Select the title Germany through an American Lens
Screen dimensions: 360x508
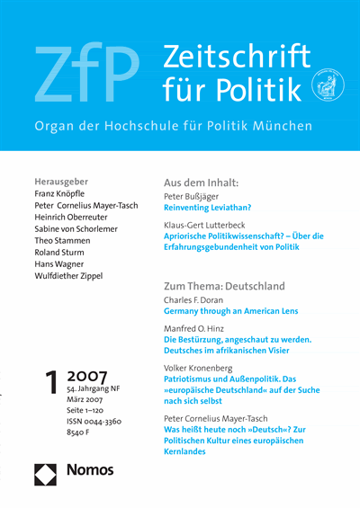(230, 311)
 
